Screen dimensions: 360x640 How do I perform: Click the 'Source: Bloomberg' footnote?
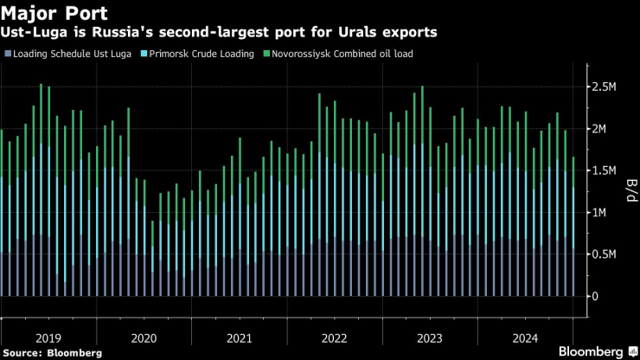click(52, 352)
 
